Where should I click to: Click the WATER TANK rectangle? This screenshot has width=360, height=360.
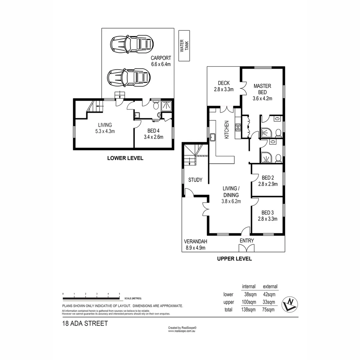[x=184, y=46]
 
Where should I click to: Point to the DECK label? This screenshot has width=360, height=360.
[x=224, y=83]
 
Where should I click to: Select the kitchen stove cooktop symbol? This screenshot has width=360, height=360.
[x=238, y=127]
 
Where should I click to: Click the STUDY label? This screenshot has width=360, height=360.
[x=195, y=180]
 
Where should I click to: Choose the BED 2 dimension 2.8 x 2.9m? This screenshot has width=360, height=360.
[x=268, y=184]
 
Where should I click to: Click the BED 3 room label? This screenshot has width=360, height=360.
[x=267, y=213]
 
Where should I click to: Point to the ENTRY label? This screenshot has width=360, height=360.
[x=247, y=241]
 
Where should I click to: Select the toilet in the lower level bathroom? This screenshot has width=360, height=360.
[x=155, y=106]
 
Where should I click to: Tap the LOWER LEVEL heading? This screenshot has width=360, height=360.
[x=125, y=158]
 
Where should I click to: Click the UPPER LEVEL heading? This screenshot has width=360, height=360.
[x=234, y=258]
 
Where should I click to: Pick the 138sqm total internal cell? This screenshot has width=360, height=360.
[x=249, y=310]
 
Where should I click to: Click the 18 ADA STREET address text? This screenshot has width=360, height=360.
[x=85, y=323]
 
